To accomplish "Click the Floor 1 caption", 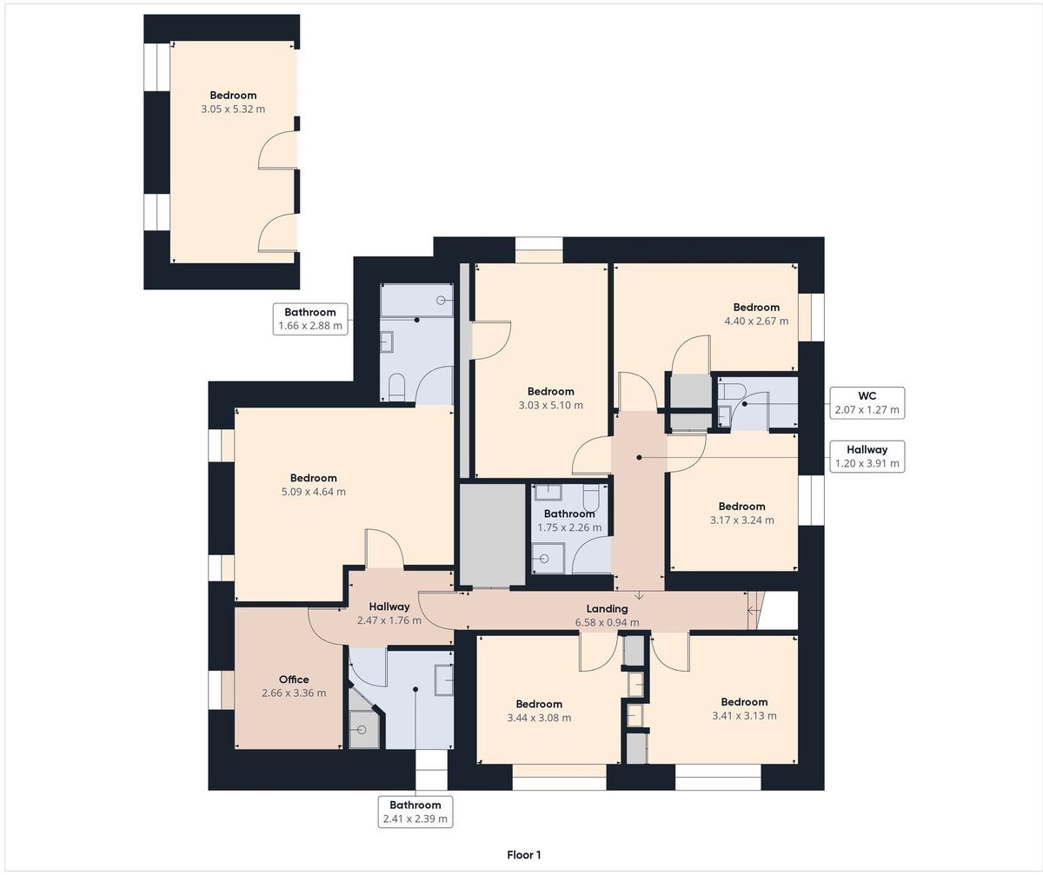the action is tap(523, 854).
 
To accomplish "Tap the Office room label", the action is tap(294, 679).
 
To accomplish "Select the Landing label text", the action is tap(607, 608).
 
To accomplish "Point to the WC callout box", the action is tap(867, 403).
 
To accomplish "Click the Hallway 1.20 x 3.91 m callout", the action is tap(867, 456).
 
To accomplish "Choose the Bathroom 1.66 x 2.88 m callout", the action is tap(310, 319).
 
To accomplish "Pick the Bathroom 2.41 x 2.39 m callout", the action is tap(415, 812).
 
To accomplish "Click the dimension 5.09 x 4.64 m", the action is tap(313, 492).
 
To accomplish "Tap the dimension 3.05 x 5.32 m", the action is tap(233, 109).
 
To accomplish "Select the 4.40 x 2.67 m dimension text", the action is tap(756, 321).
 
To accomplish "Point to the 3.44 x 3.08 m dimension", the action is tap(539, 718).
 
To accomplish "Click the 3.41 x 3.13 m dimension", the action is tap(744, 716).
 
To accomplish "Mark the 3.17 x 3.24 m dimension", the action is tap(741, 520).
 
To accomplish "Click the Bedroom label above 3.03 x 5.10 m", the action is tap(550, 392).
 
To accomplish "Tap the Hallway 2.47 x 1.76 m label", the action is tap(389, 613).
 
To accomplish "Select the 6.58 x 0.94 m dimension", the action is tap(607, 622).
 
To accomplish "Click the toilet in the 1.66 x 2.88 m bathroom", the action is tap(395, 386).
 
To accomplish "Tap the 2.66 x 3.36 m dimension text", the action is tap(294, 693).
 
